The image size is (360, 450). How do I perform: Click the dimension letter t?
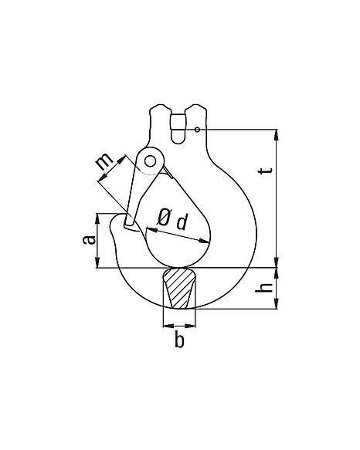[x=265, y=170]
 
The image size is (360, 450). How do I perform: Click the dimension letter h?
[x=264, y=288]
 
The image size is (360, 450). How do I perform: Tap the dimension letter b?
[x=179, y=340]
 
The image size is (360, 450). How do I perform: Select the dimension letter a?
[x=89, y=239]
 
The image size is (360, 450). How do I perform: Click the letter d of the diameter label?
[x=182, y=222]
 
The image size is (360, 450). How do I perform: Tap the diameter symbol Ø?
[x=164, y=217]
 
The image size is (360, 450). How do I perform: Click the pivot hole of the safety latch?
[x=150, y=161]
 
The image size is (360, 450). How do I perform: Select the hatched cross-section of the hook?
[x=178, y=288]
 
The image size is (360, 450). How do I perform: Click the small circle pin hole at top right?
[x=197, y=130]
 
